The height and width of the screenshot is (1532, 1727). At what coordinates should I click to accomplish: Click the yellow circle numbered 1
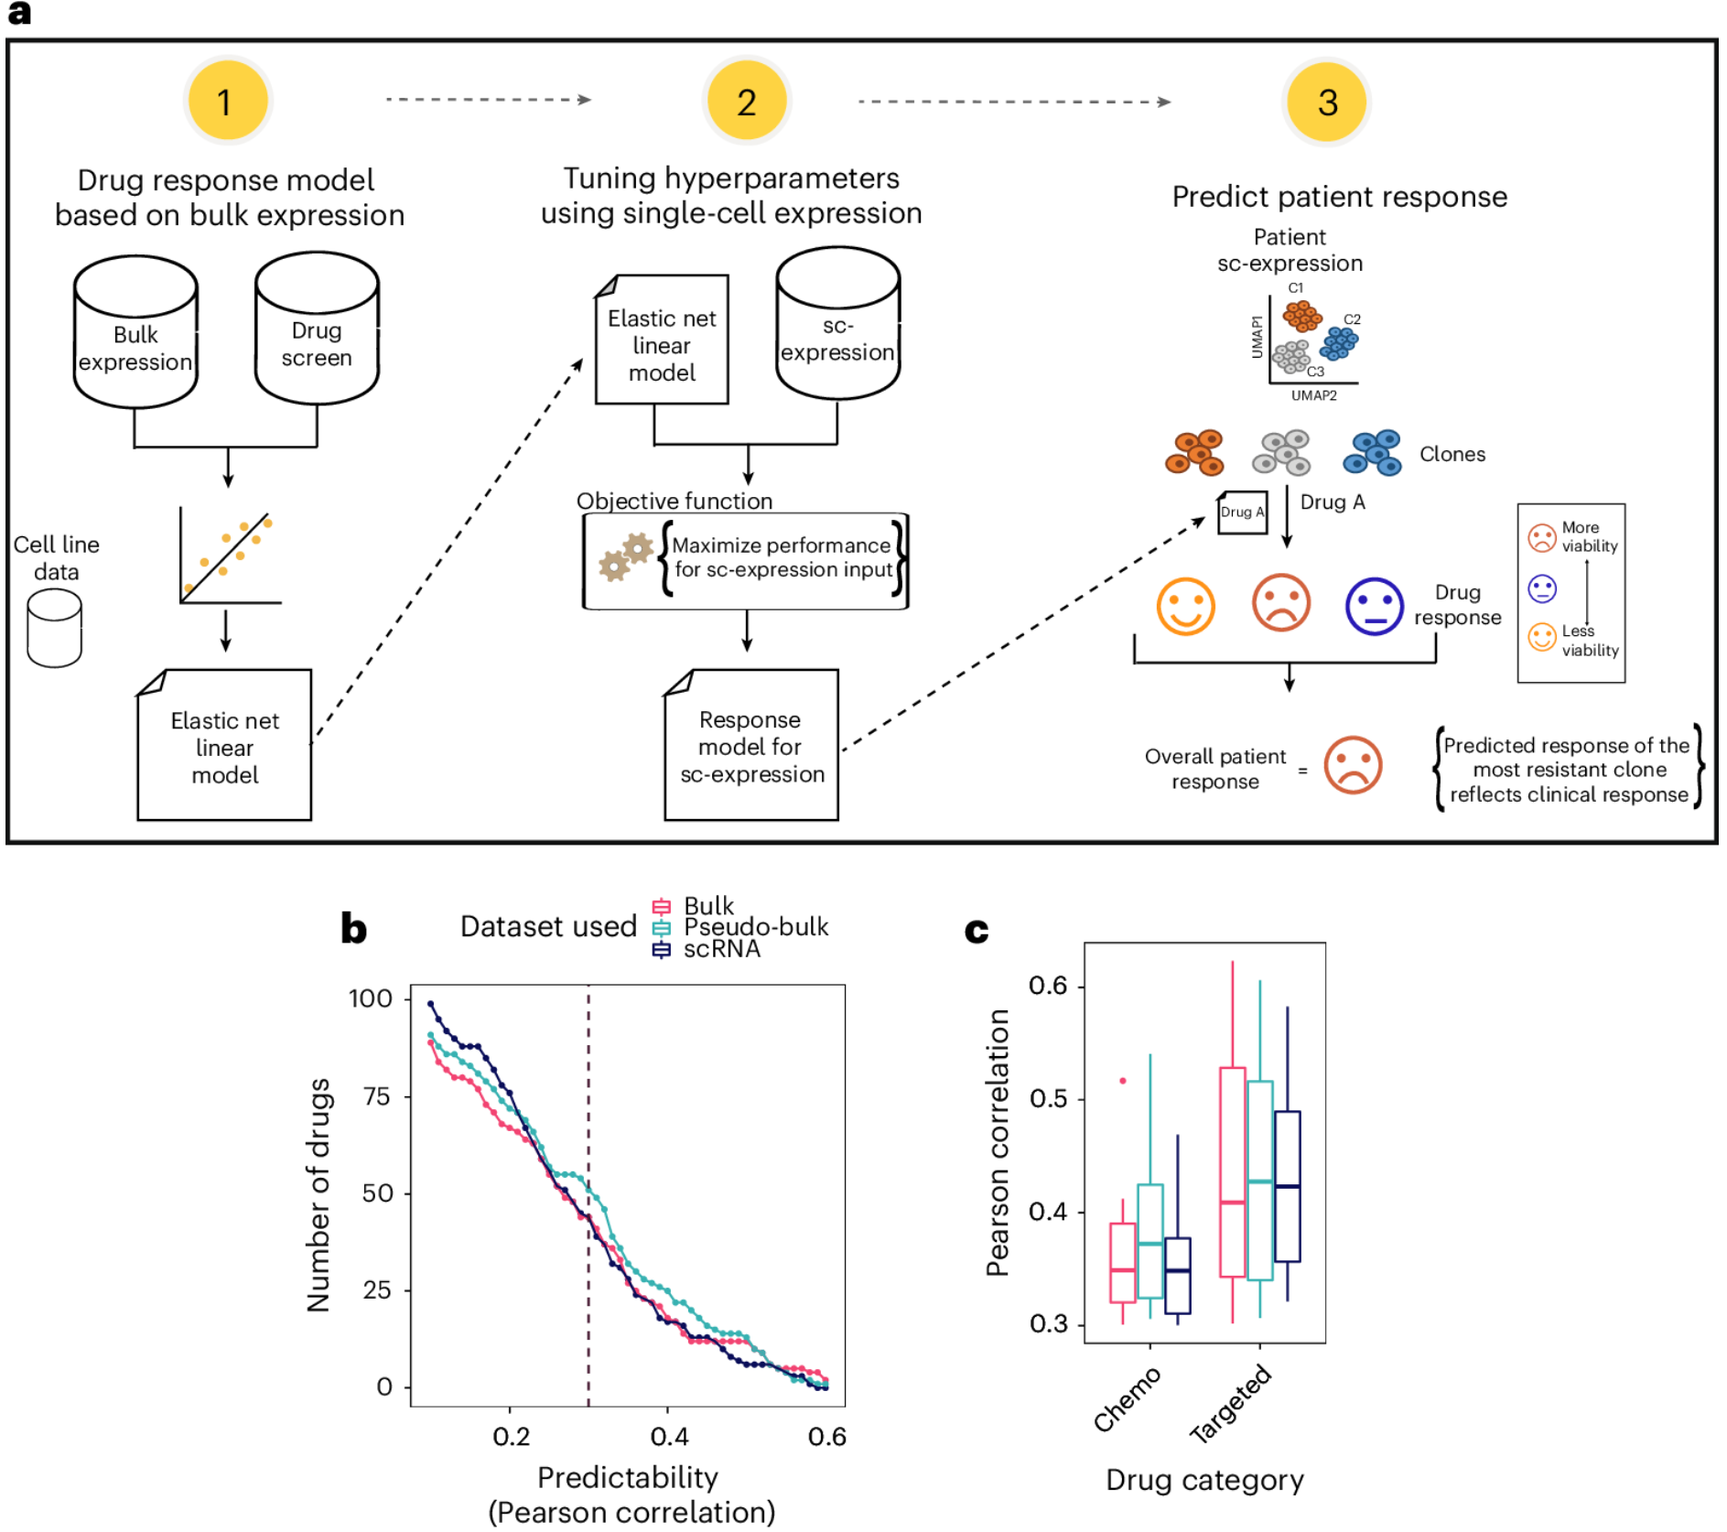coord(226,101)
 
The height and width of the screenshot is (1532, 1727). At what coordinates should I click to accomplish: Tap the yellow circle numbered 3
coord(1326,102)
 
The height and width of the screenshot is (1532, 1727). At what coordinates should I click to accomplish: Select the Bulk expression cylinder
coord(135,333)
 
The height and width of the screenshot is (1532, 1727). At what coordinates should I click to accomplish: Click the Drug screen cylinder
coord(317,329)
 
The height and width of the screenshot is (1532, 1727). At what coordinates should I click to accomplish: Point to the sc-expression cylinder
coord(837,324)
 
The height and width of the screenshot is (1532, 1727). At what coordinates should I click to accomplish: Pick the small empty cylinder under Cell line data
coord(55,628)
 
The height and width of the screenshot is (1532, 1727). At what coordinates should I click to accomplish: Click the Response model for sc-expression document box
coord(750,746)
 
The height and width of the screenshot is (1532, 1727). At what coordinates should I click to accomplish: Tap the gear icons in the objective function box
coord(625,557)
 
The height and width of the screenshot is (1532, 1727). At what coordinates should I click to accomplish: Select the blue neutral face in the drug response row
coord(1374,606)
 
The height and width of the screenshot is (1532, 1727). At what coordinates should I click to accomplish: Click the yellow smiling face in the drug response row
coord(1185,606)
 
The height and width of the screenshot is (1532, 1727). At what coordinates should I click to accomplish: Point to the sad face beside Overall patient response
coord(1353,765)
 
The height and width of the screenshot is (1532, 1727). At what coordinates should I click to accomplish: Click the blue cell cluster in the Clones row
coord(1372,453)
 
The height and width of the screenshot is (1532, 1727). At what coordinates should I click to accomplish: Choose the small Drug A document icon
coord(1242,512)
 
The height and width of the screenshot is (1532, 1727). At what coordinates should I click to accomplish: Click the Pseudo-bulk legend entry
coord(755,927)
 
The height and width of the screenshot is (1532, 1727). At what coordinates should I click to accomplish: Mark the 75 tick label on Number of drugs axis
coord(377,1096)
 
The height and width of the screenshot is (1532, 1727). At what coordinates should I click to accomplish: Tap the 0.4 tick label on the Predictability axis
coord(669,1437)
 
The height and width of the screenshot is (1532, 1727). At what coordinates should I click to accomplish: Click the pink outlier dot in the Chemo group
coord(1123,1081)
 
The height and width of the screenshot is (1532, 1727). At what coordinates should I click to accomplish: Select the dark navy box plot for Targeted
coord(1287,1186)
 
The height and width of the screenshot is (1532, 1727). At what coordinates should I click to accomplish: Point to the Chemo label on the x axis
coord(1127,1398)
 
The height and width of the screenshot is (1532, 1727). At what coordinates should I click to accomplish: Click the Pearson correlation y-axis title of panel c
coord(998,1143)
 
